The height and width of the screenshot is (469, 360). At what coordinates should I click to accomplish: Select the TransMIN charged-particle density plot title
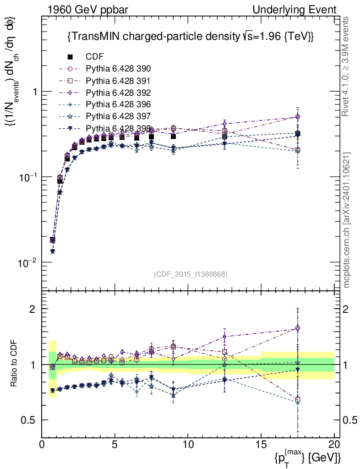click(190, 37)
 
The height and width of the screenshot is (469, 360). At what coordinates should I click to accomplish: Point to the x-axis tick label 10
click(188, 445)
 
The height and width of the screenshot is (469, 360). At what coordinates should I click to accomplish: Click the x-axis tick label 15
click(261, 445)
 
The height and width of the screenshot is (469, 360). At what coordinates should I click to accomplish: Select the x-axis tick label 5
click(115, 445)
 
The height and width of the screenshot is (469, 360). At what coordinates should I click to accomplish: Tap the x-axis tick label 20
click(334, 445)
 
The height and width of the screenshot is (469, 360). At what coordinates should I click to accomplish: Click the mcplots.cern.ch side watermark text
click(347, 220)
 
